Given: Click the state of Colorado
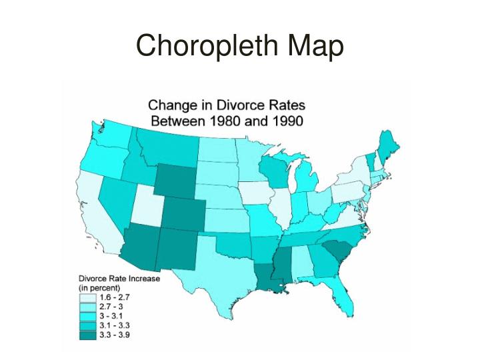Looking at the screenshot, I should [x=181, y=213].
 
